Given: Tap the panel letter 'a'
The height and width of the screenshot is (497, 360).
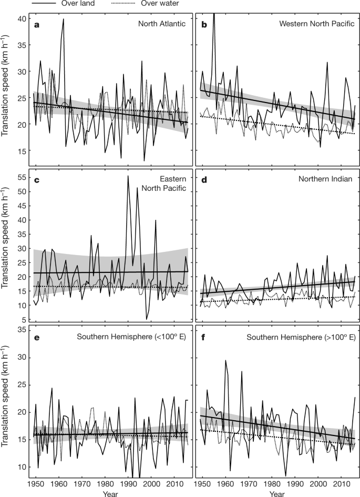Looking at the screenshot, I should click(x=37, y=24).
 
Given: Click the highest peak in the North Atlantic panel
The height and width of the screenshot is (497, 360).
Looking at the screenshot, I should click(x=64, y=19).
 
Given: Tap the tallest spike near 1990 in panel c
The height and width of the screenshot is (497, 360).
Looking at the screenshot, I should click(x=128, y=176).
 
